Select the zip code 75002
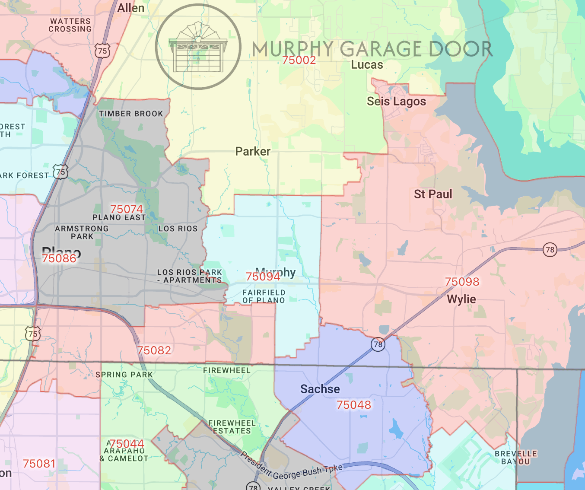click(299, 60)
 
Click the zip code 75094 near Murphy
click(263, 277)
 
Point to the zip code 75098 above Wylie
click(462, 282)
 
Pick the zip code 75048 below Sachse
click(353, 405)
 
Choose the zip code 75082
click(154, 350)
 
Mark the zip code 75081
click(39, 464)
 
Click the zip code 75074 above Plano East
click(126, 209)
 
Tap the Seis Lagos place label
click(396, 102)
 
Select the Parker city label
click(253, 151)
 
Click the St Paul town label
click(433, 194)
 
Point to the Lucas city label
click(367, 65)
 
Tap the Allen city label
click(131, 8)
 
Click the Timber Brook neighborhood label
click(131, 114)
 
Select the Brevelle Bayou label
click(516, 457)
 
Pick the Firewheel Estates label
click(232, 427)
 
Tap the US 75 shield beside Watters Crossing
click(102, 51)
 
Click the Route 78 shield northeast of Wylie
click(550, 250)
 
